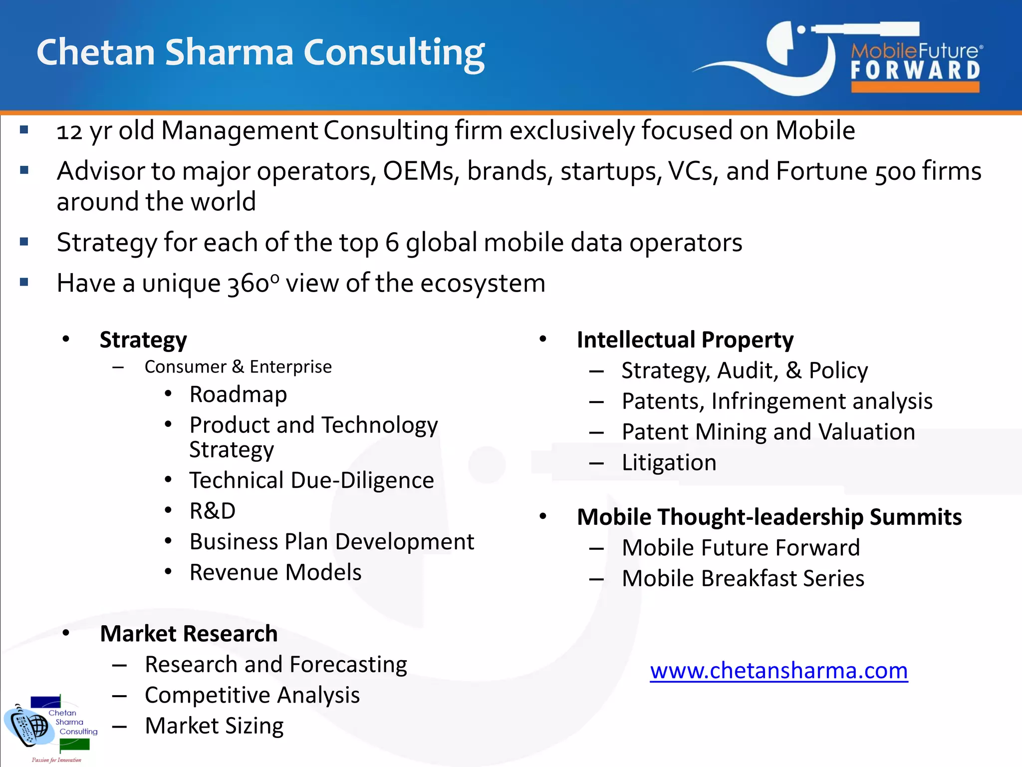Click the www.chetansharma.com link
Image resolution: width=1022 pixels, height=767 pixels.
click(x=778, y=671)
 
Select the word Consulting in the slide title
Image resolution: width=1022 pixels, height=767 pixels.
click(x=394, y=53)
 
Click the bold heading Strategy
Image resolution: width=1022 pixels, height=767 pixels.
click(x=143, y=340)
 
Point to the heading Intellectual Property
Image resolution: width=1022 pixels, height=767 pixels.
click(x=685, y=340)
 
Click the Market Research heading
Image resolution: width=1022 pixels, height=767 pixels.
click(x=189, y=634)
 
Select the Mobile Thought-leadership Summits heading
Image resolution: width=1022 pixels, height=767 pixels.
click(x=769, y=517)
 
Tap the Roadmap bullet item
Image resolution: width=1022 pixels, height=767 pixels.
click(x=238, y=394)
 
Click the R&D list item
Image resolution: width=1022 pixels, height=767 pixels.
click(x=213, y=511)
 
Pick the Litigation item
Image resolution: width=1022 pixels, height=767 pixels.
click(x=669, y=463)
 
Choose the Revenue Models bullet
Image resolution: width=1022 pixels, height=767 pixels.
click(x=275, y=572)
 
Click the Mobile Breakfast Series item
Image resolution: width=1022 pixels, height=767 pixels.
click(x=743, y=579)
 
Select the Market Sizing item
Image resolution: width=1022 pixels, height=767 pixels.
click(x=214, y=726)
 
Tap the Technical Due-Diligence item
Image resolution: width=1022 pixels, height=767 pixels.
click(x=311, y=480)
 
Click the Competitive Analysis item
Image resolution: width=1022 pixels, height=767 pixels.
click(x=252, y=695)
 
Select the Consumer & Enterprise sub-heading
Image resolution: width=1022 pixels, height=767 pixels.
click(x=238, y=367)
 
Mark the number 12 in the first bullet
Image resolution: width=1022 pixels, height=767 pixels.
click(x=69, y=131)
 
